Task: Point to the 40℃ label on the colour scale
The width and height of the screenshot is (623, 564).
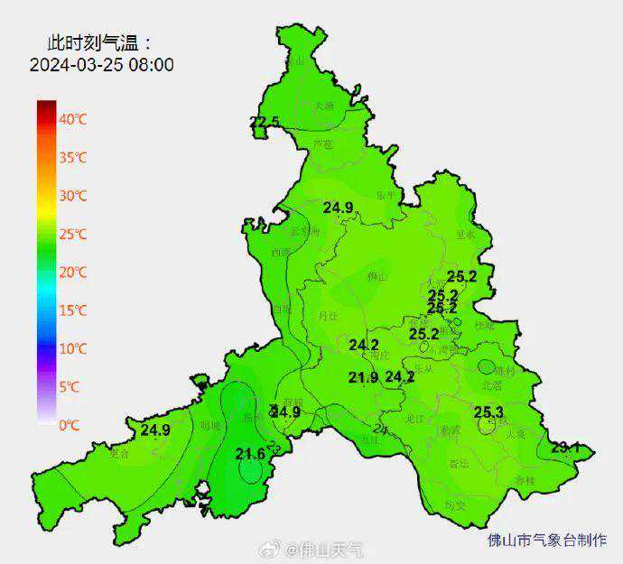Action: (x=73, y=119)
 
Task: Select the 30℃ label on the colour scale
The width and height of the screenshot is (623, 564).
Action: (x=73, y=196)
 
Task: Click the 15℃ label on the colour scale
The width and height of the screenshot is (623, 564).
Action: (x=73, y=310)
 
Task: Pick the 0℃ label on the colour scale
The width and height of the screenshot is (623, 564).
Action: (x=70, y=424)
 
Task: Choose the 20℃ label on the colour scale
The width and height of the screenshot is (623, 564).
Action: (x=73, y=273)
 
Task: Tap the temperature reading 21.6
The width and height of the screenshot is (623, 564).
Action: (x=250, y=453)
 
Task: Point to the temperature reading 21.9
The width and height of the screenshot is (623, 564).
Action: (x=363, y=377)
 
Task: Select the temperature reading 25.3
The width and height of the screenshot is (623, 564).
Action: (x=488, y=412)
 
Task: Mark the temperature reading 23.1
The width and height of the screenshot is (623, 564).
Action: (x=565, y=447)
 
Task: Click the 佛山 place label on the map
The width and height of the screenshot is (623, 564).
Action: (x=377, y=276)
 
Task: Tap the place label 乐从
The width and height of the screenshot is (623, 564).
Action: (x=424, y=368)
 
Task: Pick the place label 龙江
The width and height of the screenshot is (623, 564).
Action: (x=414, y=419)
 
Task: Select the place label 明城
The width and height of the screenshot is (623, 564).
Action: (x=209, y=424)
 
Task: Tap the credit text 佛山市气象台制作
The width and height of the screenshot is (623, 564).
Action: (x=546, y=541)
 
